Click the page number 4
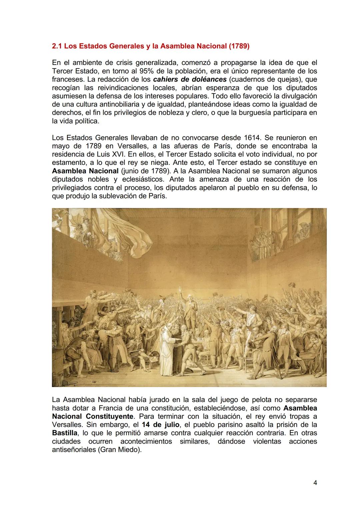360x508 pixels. [x=315, y=482]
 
